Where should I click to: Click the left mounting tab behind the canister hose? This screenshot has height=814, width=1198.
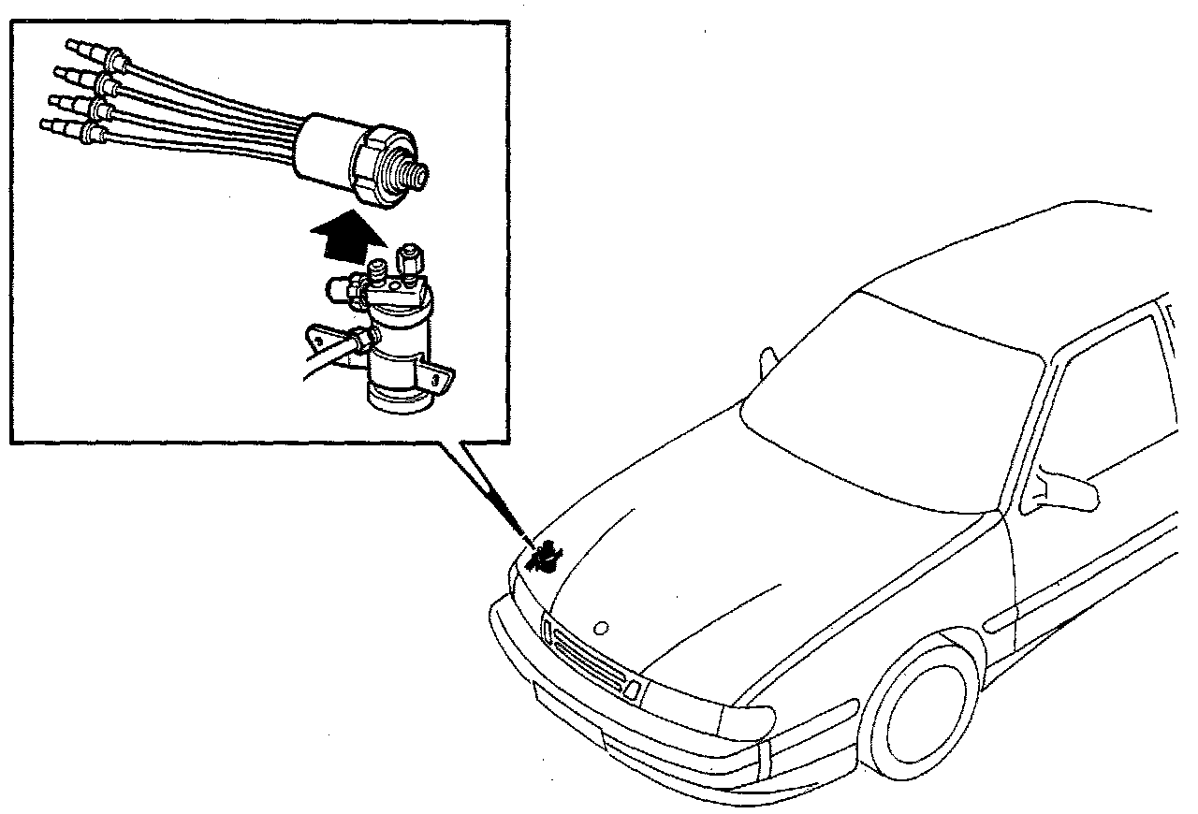click(323, 337)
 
